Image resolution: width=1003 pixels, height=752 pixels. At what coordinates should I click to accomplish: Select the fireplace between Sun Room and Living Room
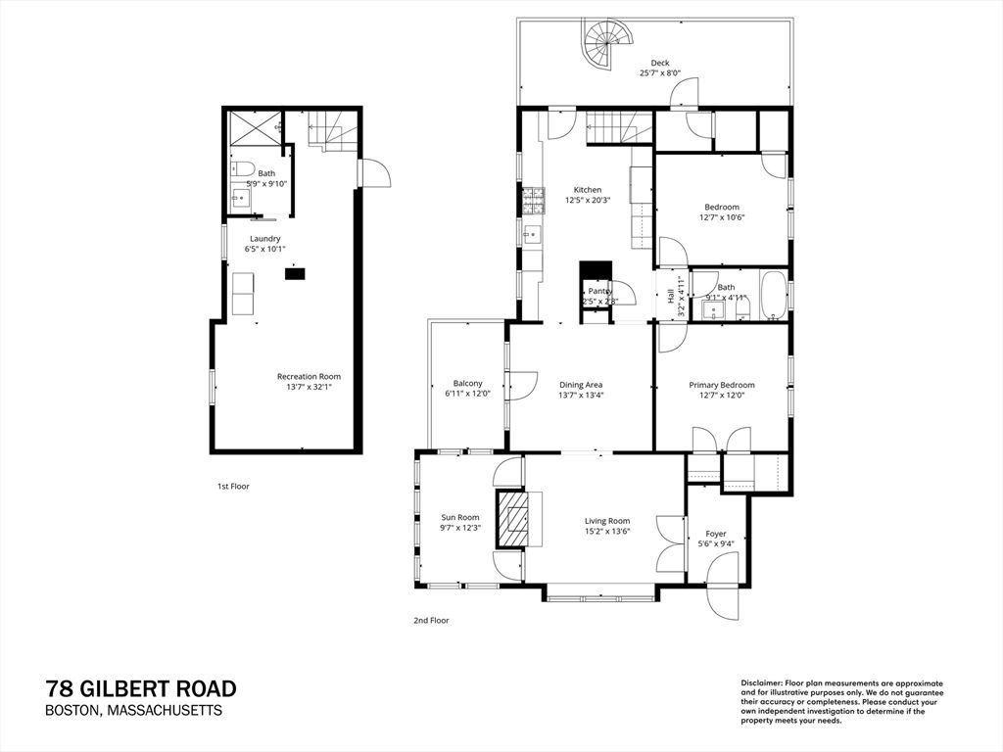click(x=512, y=517)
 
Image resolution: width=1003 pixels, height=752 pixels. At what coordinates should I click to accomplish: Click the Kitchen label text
click(x=588, y=190)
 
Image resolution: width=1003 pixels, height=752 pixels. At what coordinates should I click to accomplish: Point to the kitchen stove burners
click(x=534, y=201)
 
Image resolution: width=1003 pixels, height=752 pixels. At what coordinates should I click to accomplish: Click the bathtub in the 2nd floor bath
click(x=774, y=295)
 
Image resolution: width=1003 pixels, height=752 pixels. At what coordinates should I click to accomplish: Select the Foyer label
click(x=716, y=535)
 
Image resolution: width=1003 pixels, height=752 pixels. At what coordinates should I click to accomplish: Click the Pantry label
click(x=599, y=291)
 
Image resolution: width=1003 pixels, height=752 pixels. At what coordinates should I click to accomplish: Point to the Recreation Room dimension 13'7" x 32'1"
click(x=309, y=387)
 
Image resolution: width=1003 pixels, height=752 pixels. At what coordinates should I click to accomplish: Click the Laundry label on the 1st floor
click(x=264, y=239)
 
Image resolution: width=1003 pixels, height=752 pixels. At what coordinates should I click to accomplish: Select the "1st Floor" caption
click(x=233, y=486)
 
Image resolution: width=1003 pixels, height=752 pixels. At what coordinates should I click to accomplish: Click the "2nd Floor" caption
click(x=431, y=620)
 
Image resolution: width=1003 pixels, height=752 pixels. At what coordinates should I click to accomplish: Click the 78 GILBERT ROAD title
click(x=141, y=689)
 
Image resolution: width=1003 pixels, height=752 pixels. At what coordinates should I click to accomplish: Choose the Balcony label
click(x=467, y=384)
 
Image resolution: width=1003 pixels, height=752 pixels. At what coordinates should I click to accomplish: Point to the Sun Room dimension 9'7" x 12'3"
click(x=459, y=528)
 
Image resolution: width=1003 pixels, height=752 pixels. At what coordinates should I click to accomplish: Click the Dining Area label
click(x=580, y=385)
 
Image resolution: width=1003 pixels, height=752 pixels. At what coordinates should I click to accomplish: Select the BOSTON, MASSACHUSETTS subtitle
click(x=134, y=711)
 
